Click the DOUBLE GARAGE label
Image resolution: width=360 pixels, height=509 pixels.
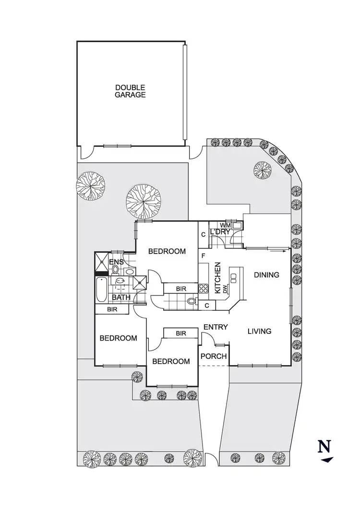click(x=130, y=91)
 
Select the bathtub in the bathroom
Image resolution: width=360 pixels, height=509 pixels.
click(x=101, y=290)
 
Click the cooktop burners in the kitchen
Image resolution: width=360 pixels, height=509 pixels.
click(x=204, y=289)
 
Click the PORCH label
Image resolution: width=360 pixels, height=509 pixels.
click(x=213, y=356)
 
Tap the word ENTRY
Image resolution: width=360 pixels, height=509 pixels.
click(x=215, y=327)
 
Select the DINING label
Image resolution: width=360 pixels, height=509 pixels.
click(x=266, y=275)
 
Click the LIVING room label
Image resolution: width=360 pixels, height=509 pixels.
click(x=260, y=331)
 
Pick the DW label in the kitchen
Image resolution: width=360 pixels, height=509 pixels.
click(x=224, y=290)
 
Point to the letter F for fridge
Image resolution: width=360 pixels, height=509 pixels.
click(x=204, y=256)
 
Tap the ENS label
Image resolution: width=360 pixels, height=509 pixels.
click(x=117, y=262)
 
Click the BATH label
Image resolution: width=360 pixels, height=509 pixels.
click(x=121, y=298)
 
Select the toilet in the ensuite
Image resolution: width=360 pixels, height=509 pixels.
click(x=116, y=270)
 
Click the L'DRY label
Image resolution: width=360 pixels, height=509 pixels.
click(x=221, y=233)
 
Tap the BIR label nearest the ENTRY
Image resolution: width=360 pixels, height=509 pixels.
click(x=181, y=333)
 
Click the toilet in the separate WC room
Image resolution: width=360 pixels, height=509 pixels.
click(x=191, y=302)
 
